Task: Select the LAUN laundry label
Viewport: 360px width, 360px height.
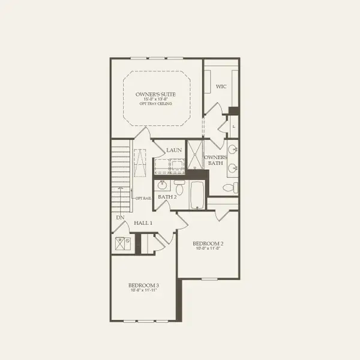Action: [x=174, y=150]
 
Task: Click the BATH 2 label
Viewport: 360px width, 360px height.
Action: [x=167, y=197]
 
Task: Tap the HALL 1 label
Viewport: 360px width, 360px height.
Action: [x=143, y=223]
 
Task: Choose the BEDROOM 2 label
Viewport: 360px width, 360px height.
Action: [x=208, y=244]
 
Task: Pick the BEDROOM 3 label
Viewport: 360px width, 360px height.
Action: [x=143, y=285]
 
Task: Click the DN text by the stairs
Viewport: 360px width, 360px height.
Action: [x=120, y=217]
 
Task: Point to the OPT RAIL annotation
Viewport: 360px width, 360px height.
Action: [x=142, y=199]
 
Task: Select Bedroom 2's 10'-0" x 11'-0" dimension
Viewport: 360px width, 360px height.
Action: [x=208, y=249]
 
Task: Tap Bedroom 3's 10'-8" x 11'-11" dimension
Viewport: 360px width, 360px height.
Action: [x=143, y=290]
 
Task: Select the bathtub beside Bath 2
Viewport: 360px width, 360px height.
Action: [x=197, y=195]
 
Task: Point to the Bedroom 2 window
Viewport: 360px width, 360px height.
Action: [x=210, y=278]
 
